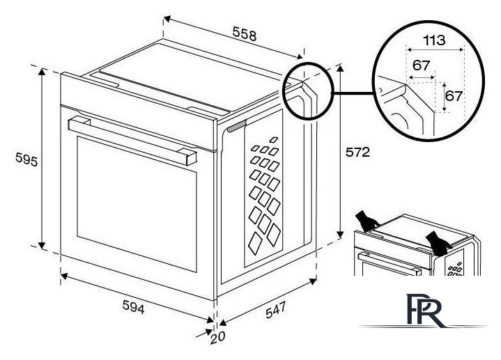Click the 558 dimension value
click(x=245, y=34)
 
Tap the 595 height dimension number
click(x=26, y=159)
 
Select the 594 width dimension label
click(x=134, y=307)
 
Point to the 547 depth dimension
click(x=275, y=310)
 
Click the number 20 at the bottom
click(x=217, y=337)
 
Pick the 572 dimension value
click(x=357, y=152)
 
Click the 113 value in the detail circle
click(x=434, y=40)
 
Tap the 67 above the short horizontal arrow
click(x=421, y=65)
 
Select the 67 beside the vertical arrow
click(x=454, y=96)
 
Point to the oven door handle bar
click(x=132, y=141)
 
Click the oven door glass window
click(x=137, y=204)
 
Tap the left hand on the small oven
click(x=367, y=221)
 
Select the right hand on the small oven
click(x=438, y=244)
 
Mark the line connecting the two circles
click(x=353, y=93)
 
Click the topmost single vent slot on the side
click(x=274, y=139)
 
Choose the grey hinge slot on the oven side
click(x=237, y=126)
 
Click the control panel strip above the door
click(x=139, y=111)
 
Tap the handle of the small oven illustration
click(x=390, y=263)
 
